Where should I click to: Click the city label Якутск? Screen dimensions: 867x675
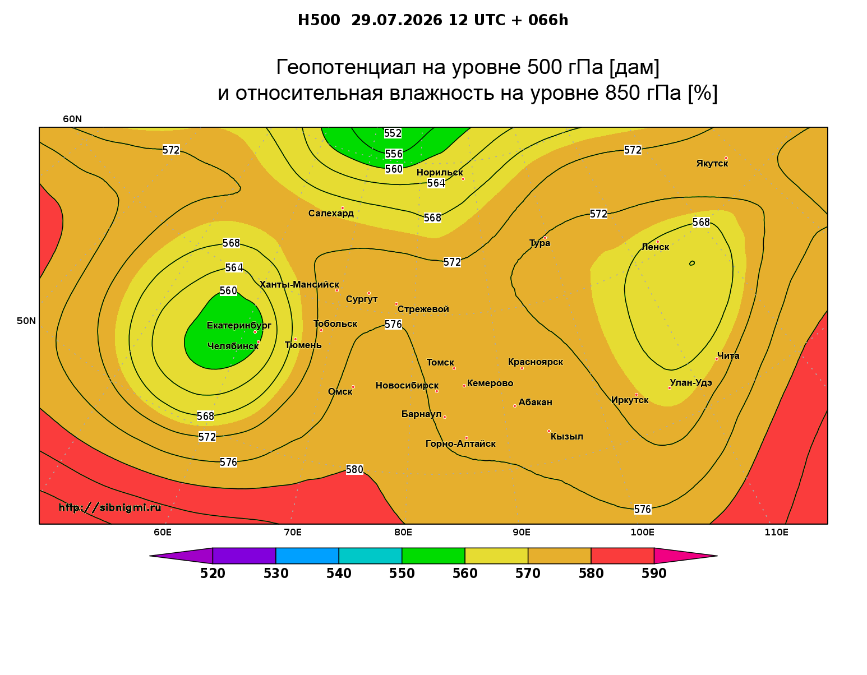click(712, 164)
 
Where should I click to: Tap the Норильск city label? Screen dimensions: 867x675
click(439, 173)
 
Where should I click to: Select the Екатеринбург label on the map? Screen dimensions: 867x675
click(238, 326)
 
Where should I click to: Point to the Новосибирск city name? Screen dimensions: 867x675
click(407, 386)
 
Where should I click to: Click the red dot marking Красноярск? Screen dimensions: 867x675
click(522, 368)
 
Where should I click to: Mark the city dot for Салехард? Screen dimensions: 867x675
click(342, 208)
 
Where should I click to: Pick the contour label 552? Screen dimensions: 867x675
click(393, 133)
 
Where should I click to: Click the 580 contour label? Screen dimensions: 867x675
click(354, 470)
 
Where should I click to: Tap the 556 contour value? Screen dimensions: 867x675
click(394, 154)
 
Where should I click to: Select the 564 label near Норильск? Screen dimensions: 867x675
click(436, 183)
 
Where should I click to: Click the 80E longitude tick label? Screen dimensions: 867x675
click(403, 532)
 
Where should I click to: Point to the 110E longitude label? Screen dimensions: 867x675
click(776, 532)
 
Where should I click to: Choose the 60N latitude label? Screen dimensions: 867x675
click(72, 119)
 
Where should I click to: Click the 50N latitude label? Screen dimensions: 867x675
click(26, 321)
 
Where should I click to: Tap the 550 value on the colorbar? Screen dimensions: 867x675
click(402, 574)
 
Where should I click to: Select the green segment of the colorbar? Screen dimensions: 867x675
click(433, 556)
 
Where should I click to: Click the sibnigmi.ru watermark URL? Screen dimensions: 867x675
click(110, 507)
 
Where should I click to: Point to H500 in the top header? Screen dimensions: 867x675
click(319, 20)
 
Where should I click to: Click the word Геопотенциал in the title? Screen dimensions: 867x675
click(345, 67)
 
